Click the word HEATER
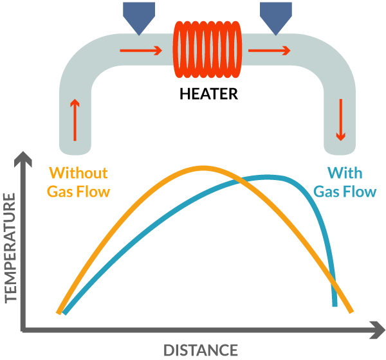tap(208, 94)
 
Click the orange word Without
tap(78, 173)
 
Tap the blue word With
tap(345, 173)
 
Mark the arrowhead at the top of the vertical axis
tap(23, 157)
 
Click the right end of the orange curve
tap(351, 312)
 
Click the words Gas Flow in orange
tap(79, 192)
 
